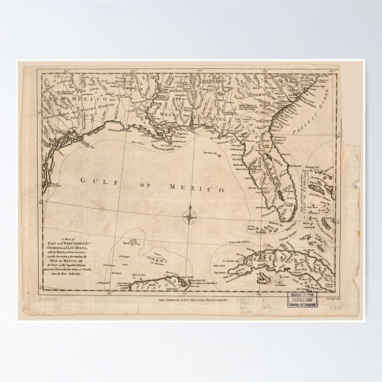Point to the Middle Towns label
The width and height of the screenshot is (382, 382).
coord(212,79)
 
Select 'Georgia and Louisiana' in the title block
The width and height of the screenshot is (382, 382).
coord(76,250)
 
